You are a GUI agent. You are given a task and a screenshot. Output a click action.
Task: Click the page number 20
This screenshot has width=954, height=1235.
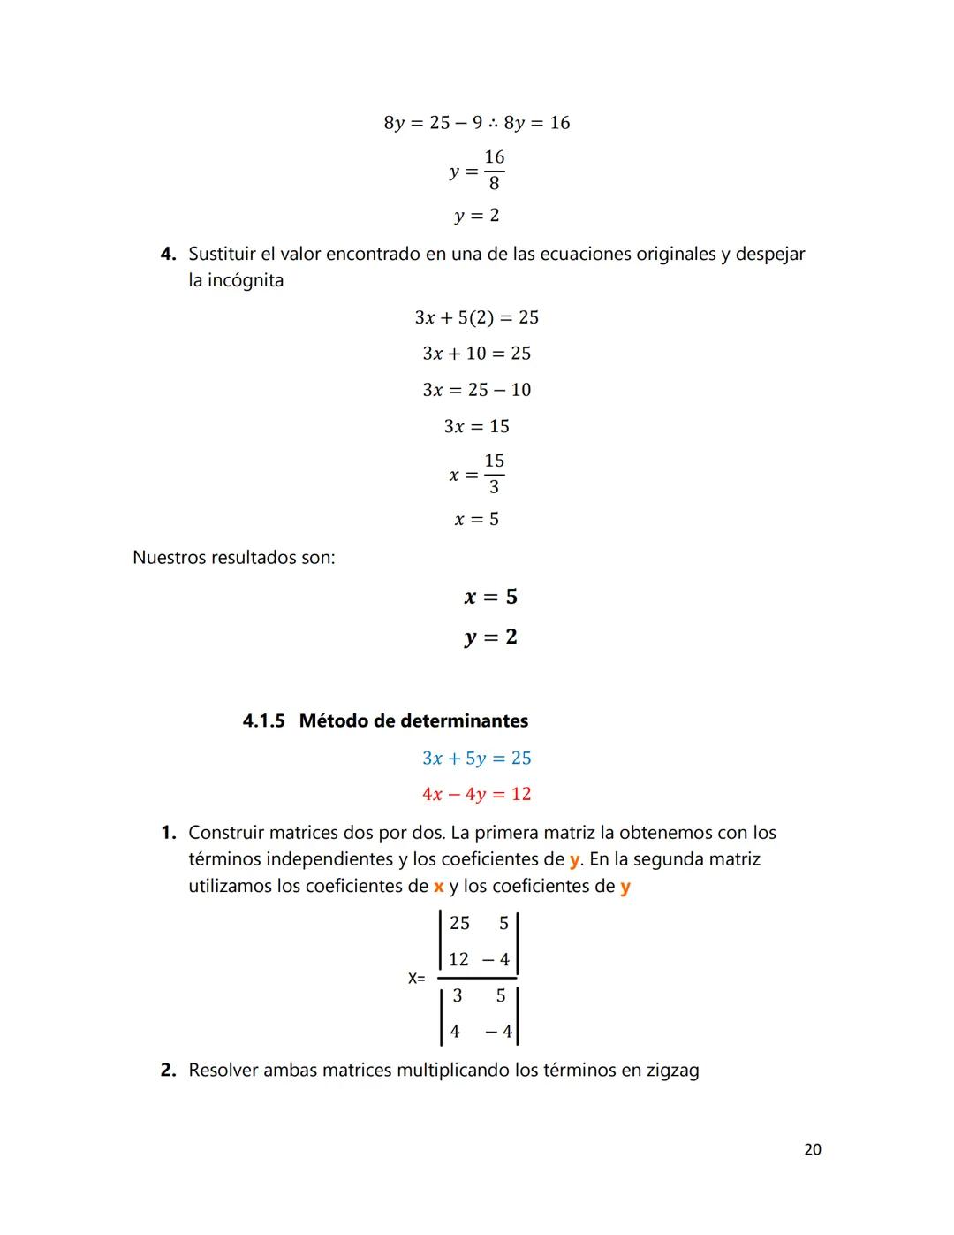[x=813, y=1149]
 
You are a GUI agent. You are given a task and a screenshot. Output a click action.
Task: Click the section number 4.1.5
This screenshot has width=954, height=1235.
[x=263, y=720]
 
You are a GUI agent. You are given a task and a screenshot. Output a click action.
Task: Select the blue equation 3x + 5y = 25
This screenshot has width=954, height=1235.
[x=477, y=758]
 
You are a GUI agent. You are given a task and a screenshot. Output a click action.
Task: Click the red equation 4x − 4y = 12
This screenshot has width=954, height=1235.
[x=477, y=794]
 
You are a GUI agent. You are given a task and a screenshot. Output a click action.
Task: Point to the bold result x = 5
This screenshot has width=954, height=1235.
[x=491, y=597]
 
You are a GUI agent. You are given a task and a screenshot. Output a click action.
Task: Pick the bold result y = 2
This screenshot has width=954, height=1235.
[x=491, y=637]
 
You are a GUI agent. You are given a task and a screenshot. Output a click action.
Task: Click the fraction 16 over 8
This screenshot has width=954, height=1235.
[x=494, y=170]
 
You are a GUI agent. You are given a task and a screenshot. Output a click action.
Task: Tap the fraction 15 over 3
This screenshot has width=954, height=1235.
[x=494, y=474]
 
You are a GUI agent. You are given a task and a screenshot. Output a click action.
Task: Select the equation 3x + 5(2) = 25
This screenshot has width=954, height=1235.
[x=477, y=317]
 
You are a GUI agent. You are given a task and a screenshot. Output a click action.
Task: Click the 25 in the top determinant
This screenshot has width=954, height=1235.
[x=459, y=923]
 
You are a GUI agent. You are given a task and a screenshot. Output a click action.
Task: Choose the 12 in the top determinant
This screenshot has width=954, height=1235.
[x=458, y=959]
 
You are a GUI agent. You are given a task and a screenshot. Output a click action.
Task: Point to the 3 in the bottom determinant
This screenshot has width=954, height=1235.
[x=457, y=995]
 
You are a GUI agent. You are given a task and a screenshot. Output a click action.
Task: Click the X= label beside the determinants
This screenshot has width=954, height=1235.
[x=416, y=979]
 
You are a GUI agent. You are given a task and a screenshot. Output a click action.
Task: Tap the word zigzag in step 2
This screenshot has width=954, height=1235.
[x=672, y=1071]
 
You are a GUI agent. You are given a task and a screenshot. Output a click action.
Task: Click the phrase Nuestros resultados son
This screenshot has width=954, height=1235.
[x=234, y=558]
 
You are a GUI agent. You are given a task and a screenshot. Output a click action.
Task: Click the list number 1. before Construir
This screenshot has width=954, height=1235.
[x=169, y=833]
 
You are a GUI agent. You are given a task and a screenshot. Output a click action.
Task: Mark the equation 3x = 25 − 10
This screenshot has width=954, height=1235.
[x=477, y=390]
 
